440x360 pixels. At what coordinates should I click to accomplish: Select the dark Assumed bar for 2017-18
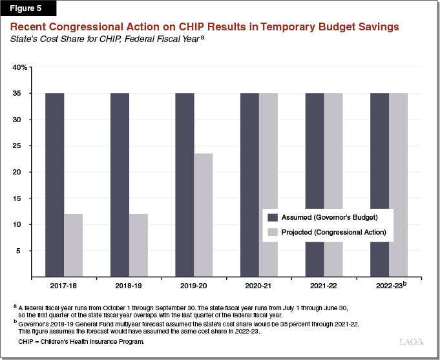tap(54, 185)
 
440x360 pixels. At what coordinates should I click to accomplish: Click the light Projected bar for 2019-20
tap(204, 215)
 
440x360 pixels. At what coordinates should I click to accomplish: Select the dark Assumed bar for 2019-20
tap(185, 185)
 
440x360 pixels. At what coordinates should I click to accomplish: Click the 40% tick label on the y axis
tap(20, 67)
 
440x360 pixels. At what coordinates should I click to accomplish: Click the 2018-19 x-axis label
tap(129, 285)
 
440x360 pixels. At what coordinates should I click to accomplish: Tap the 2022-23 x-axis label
tap(388, 285)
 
